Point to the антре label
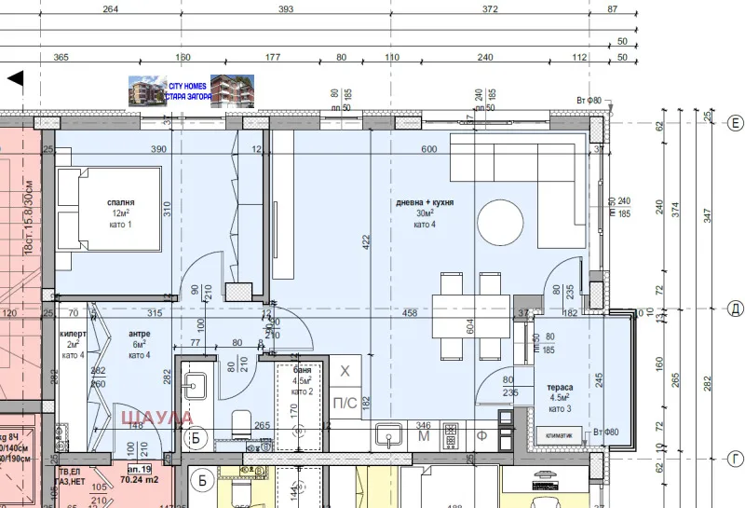(x=139, y=333)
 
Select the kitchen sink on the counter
(x=388, y=433)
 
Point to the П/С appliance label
(x=345, y=402)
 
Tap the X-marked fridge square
(x=345, y=372)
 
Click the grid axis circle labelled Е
(x=735, y=123)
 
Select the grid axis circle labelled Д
(x=735, y=308)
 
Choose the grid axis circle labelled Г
(x=735, y=459)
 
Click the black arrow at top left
(x=15, y=78)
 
